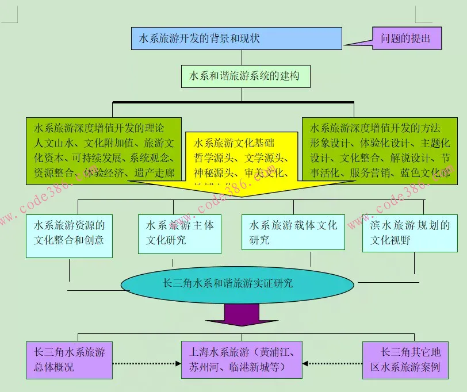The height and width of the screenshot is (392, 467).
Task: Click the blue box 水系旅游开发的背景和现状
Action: (x=236, y=39)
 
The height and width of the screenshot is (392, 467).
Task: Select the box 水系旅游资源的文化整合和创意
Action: (x=69, y=233)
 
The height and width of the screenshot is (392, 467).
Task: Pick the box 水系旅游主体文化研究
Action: (x=179, y=233)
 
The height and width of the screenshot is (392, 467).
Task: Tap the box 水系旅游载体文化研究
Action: (x=293, y=232)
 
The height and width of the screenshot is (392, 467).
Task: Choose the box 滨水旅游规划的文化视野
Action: (x=409, y=233)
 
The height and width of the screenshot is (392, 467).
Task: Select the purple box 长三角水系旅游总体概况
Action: (x=69, y=360)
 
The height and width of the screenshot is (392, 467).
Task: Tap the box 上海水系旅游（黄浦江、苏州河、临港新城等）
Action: (x=242, y=360)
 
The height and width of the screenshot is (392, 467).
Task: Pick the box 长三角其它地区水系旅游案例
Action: (x=409, y=360)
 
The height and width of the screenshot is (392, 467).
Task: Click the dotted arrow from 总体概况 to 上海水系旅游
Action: (x=147, y=363)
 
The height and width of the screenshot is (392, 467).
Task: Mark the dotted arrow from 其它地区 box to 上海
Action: (x=332, y=363)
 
